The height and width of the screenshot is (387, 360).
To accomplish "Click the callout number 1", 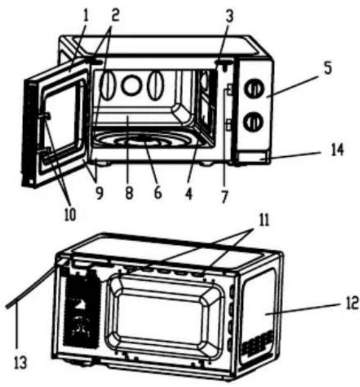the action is [85, 15].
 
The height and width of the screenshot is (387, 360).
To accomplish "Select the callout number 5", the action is [328, 68].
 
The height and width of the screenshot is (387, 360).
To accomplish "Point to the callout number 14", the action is [337, 150].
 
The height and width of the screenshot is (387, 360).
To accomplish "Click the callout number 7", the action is [225, 197].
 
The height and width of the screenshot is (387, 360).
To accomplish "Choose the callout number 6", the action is [158, 192].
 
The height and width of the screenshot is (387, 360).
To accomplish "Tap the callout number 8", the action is [129, 193].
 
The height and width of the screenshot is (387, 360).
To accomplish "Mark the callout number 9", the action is [99, 193].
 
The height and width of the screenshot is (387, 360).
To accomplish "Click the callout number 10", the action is [70, 214].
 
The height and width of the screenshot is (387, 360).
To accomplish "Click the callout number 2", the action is [115, 15].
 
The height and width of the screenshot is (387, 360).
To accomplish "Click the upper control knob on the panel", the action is [254, 88].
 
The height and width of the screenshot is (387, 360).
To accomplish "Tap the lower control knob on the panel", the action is [253, 121].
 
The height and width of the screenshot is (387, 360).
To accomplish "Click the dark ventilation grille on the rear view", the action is [80, 307].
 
